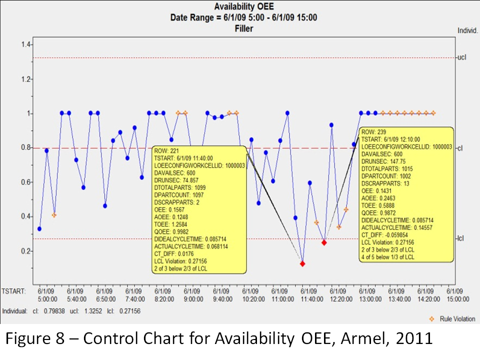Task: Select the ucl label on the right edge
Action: pos(461,57)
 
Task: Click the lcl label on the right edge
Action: pos(461,238)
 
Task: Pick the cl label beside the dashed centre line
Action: pos(460,148)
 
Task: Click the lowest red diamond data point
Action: pos(302,263)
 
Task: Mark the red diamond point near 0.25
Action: pos(324,242)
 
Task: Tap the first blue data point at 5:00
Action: pos(39,228)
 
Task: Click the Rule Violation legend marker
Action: pos(432,318)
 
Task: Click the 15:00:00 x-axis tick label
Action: pos(458,299)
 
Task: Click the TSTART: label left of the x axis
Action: pos(13,290)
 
